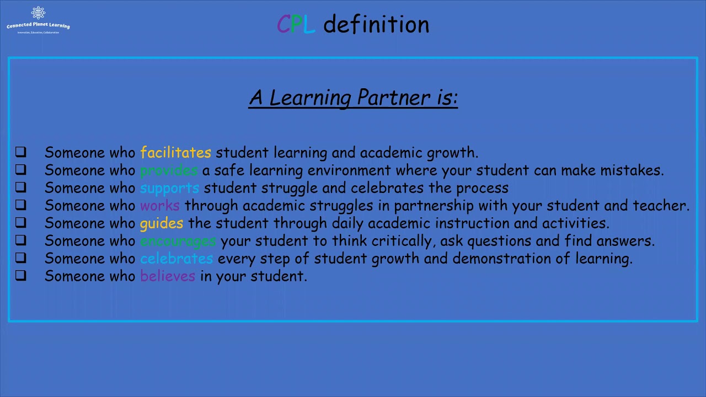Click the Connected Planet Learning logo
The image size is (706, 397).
click(38, 20)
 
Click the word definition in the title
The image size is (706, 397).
click(376, 25)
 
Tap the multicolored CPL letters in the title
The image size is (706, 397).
click(296, 25)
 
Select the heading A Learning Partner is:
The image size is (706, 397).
click(353, 98)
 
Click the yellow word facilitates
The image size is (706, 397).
click(175, 153)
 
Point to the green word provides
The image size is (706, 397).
click(169, 170)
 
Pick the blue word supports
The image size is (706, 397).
click(169, 188)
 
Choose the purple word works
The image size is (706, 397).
click(160, 206)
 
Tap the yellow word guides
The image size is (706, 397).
click(162, 223)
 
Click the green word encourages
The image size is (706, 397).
click(178, 241)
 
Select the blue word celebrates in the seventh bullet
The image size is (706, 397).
click(176, 259)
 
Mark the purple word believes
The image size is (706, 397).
click(168, 276)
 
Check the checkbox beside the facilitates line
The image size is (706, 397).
click(21, 152)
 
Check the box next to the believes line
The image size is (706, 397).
click(21, 275)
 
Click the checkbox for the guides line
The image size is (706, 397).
click(21, 222)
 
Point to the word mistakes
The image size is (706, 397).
click(631, 170)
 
